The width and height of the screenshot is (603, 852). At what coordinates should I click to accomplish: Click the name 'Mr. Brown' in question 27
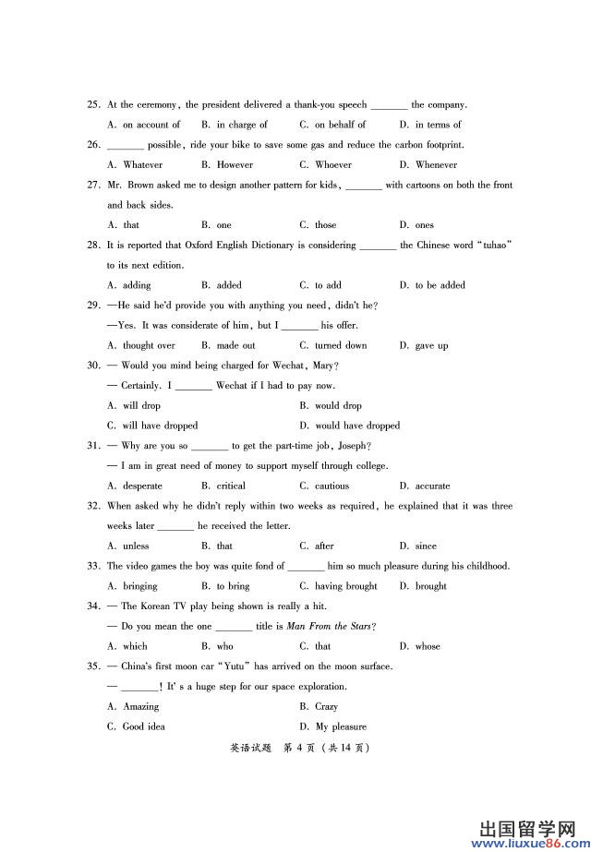136,186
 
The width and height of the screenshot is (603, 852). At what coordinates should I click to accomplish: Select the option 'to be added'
439,286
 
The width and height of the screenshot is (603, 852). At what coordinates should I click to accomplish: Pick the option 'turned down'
340,346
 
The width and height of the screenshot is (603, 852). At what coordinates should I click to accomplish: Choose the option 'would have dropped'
356,426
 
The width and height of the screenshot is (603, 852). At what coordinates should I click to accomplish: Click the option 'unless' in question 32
135,546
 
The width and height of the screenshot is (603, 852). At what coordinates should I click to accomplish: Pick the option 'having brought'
345,586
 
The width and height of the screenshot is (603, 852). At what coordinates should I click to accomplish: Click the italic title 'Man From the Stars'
328,627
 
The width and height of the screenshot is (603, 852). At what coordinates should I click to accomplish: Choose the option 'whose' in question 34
427,647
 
